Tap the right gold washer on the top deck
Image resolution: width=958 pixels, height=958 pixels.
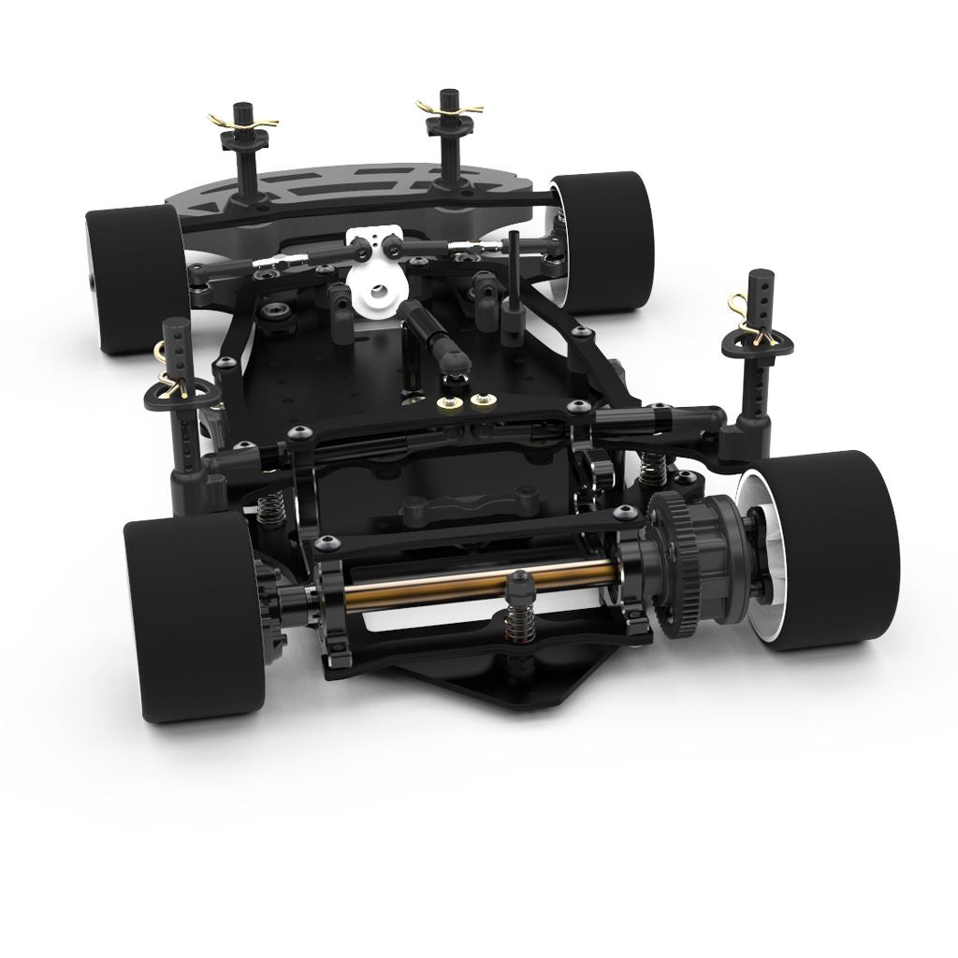(482, 401)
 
